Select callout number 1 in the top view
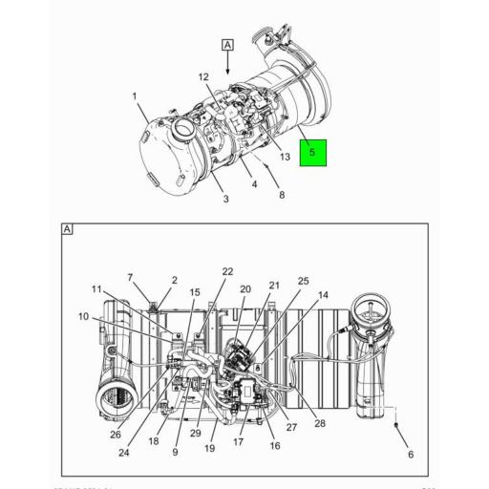tap(135, 96)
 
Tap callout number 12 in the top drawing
tap(203, 76)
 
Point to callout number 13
tap(285, 157)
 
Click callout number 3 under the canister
tap(225, 199)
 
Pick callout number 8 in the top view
tap(282, 196)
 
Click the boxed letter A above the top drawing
tap(227, 45)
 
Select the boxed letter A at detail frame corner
tap(67, 229)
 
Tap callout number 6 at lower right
tap(410, 454)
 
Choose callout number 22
tap(227, 272)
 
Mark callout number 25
tap(304, 281)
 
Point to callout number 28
tap(320, 423)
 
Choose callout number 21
tap(274, 286)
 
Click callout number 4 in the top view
tap(254, 183)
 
